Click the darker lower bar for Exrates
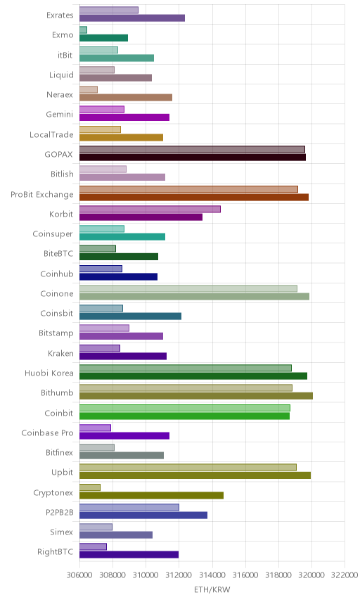tap(132, 18)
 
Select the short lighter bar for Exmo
tap(83, 30)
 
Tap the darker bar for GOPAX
tap(193, 157)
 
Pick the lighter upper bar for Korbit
tap(150, 209)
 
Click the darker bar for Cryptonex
tap(152, 495)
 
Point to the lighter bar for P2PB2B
tap(129, 507)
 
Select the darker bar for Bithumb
tap(196, 396)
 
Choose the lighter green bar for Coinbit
tap(185, 408)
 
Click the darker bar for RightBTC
tap(129, 555)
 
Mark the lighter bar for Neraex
tap(89, 89)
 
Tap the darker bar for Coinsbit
tap(131, 316)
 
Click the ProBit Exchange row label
tap(41, 195)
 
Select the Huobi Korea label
tap(49, 373)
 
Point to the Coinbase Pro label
tap(47, 433)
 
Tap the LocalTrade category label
tap(51, 135)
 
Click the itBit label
tap(65, 56)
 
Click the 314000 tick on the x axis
tap(212, 575)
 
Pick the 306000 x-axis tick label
tap(79, 575)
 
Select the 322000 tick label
tap(345, 575)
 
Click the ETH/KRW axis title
tap(212, 590)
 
